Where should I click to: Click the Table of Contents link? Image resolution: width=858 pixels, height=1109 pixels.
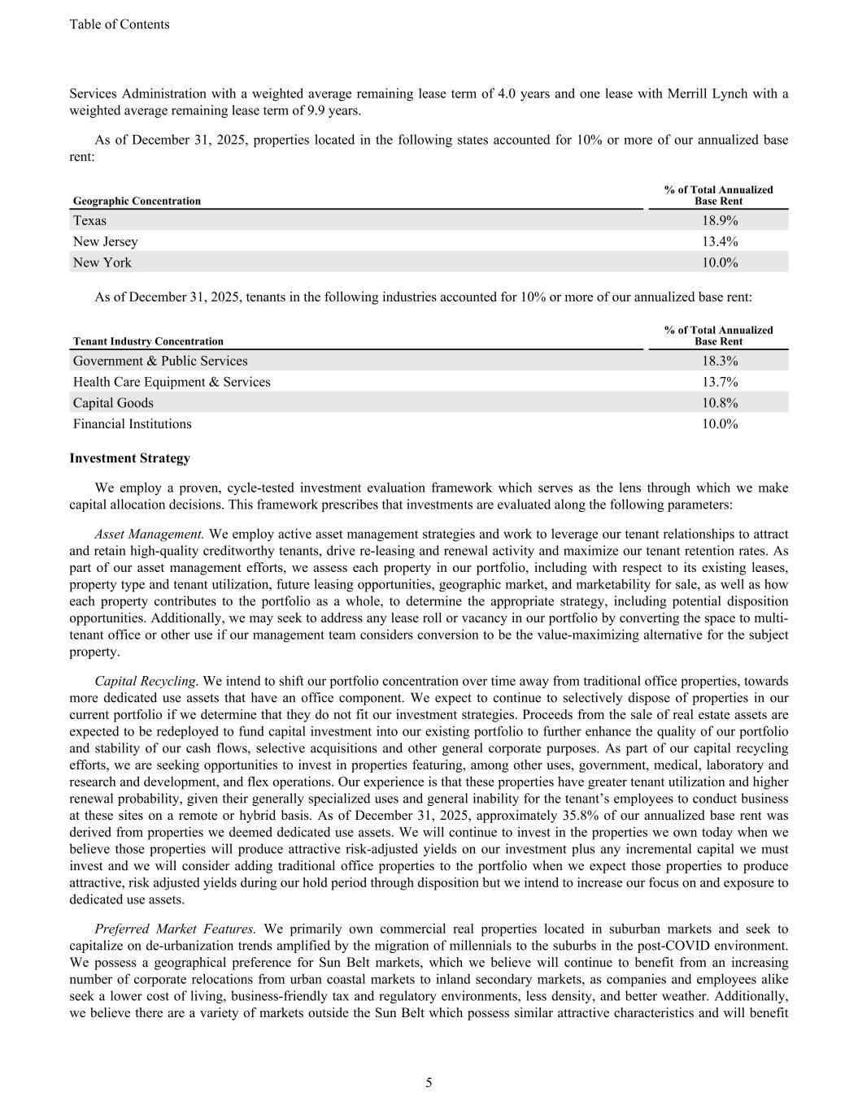click(x=120, y=24)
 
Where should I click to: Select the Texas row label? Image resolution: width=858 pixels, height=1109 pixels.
click(x=89, y=220)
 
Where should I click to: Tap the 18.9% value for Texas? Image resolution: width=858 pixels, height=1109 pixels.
click(x=720, y=220)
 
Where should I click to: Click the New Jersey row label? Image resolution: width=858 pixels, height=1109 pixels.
click(x=106, y=241)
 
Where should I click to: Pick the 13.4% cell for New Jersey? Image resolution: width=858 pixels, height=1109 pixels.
click(x=720, y=241)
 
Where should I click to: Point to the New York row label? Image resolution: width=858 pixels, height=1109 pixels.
click(x=102, y=262)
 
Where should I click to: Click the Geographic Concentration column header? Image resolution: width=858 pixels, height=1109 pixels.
click(x=137, y=201)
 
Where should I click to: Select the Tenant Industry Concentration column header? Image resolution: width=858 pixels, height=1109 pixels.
click(x=148, y=341)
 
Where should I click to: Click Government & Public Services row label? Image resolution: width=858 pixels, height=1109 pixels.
click(x=160, y=361)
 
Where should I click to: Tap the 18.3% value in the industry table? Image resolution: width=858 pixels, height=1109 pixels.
click(x=720, y=361)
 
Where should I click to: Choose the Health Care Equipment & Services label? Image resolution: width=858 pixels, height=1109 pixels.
click(x=172, y=382)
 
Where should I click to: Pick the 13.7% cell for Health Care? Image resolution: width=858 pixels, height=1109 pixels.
click(x=720, y=382)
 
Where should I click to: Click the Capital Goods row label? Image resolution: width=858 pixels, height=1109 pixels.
click(x=113, y=403)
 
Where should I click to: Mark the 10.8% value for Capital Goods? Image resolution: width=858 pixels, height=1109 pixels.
click(x=720, y=403)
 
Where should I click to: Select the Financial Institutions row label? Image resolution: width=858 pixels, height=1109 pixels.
click(x=133, y=424)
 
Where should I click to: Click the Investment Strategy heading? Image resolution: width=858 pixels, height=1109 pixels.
click(x=130, y=458)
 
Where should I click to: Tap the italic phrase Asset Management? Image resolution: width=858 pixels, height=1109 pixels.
click(x=150, y=534)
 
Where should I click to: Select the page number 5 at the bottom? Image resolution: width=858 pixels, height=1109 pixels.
click(x=429, y=1082)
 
